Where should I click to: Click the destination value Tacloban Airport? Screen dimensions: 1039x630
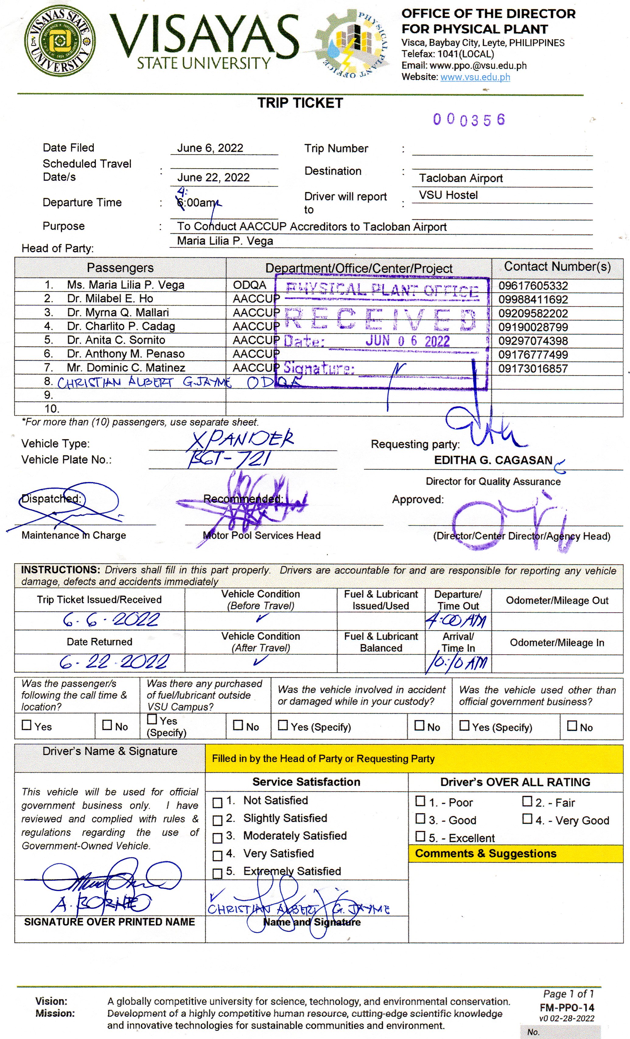coord(460,178)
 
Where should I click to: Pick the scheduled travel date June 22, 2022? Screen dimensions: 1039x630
coord(213,177)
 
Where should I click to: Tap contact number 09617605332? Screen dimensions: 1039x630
coord(533,286)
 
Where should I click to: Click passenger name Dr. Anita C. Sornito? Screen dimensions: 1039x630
coord(116,340)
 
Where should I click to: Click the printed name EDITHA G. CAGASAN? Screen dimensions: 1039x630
coord(493,460)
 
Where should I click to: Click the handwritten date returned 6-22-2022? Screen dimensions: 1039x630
coord(114,662)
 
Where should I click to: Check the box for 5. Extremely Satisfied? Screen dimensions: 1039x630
coord(217,873)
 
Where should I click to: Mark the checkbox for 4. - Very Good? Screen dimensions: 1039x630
coord(527,819)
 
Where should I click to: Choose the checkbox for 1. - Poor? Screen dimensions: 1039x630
coord(420,801)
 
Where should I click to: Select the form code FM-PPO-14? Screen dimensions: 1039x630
coord(567,1008)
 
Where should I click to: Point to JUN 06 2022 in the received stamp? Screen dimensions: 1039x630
coord(407,341)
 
